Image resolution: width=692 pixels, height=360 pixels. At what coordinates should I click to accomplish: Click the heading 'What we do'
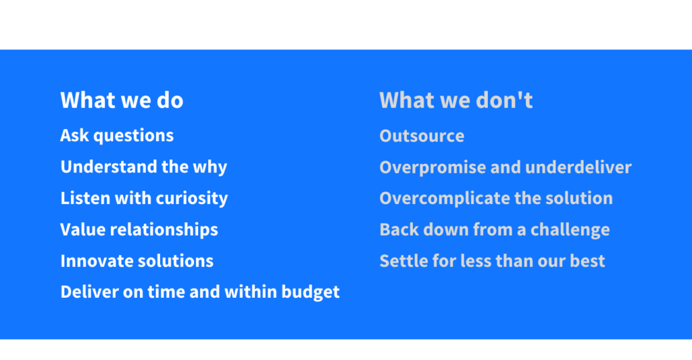[122, 100]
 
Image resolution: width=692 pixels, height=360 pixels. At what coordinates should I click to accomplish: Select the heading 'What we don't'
[456, 100]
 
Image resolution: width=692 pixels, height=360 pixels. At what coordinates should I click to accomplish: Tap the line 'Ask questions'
[117, 136]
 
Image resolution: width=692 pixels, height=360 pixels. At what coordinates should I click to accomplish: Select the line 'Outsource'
[422, 136]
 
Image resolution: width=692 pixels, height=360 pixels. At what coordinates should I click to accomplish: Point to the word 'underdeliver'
[578, 168]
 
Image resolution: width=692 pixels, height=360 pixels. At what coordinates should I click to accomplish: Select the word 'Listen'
[85, 198]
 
